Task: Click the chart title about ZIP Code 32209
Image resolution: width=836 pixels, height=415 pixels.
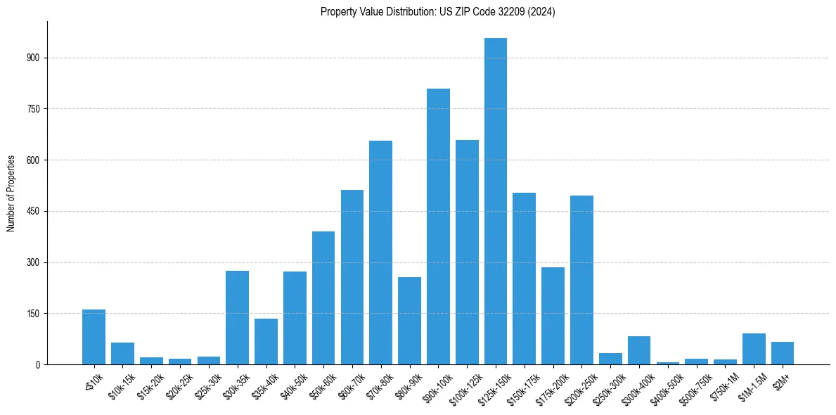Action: point(437,12)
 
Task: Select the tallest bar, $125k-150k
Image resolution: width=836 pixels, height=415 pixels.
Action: point(495,201)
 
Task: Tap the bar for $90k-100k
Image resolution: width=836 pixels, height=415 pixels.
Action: point(438,226)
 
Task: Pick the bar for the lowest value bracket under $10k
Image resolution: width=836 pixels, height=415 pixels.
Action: point(94,337)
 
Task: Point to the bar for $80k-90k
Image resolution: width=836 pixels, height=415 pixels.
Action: point(409,321)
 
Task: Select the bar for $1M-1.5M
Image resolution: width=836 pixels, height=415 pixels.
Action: point(754,349)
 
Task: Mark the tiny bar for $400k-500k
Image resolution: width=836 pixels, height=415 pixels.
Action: point(668,363)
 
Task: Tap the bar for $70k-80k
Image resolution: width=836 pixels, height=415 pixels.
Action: point(380,253)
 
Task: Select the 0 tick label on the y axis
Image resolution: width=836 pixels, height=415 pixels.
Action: point(39,364)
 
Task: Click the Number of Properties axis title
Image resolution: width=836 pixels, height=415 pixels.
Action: point(11,193)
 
